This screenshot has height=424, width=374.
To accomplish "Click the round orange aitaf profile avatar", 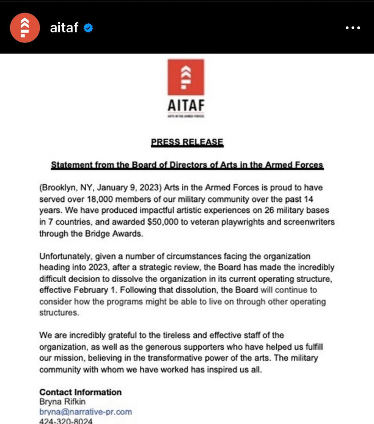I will pyautogui.click(x=24, y=28).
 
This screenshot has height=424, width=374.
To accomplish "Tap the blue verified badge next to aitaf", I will pyautogui.click(x=88, y=28).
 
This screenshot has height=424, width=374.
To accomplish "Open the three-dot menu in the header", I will pyautogui.click(x=352, y=28).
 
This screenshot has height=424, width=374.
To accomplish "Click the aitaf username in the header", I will pyautogui.click(x=64, y=28).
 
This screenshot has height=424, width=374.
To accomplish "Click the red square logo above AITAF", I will pyautogui.click(x=186, y=77).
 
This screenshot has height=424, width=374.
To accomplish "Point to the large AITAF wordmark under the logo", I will pyautogui.click(x=186, y=105).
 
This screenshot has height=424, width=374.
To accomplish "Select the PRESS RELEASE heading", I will pyautogui.click(x=187, y=142).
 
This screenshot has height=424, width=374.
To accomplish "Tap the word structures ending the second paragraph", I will pyautogui.click(x=58, y=312).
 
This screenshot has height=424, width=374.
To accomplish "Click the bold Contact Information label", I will pyautogui.click(x=80, y=392).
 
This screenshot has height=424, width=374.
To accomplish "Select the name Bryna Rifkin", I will pyautogui.click(x=62, y=402).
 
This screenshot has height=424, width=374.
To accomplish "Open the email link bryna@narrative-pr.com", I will pyautogui.click(x=86, y=412).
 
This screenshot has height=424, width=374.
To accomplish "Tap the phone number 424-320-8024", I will pyautogui.click(x=66, y=421).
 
